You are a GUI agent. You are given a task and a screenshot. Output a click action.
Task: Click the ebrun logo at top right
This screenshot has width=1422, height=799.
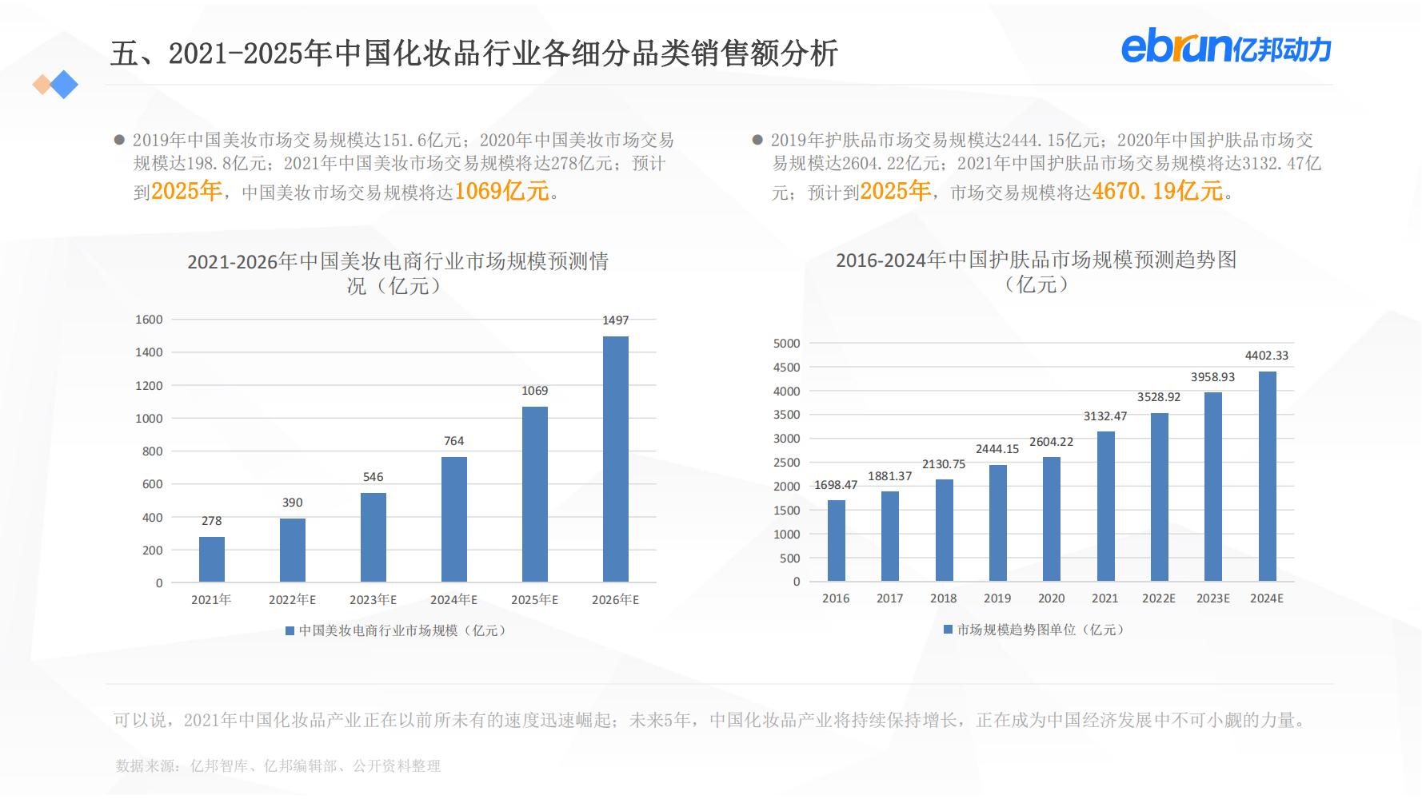(x=1226, y=48)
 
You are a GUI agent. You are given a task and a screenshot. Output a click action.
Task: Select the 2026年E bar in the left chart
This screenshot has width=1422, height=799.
(x=615, y=459)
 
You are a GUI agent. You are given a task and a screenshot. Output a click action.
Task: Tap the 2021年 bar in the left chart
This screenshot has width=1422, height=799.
(x=211, y=559)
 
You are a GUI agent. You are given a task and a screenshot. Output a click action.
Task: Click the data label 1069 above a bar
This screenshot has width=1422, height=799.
(x=534, y=391)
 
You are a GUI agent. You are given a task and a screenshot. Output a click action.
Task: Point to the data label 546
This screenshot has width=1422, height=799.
(x=373, y=477)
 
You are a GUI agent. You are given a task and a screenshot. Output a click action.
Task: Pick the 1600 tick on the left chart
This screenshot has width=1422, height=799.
(x=149, y=320)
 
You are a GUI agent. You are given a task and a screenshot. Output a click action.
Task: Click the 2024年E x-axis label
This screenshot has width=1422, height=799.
(x=453, y=600)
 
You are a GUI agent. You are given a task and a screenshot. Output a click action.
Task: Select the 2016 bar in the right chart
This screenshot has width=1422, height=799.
(x=836, y=541)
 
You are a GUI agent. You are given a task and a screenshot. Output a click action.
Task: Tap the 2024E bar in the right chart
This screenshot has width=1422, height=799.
(x=1267, y=476)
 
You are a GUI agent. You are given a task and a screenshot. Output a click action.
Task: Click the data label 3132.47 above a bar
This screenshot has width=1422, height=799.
(x=1105, y=416)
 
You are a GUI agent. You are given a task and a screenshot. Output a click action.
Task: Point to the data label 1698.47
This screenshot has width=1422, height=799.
(x=836, y=485)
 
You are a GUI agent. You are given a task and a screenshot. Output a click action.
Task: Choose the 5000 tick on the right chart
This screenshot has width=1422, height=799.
(x=786, y=344)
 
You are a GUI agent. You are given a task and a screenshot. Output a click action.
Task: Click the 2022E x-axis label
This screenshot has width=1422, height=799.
(x=1159, y=598)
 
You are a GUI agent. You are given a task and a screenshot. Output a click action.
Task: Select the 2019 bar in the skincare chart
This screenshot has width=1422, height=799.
(x=997, y=523)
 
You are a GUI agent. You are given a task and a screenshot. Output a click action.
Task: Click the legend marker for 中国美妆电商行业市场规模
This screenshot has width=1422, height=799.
(x=290, y=631)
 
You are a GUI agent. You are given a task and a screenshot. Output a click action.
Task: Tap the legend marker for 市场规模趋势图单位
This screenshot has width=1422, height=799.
(x=948, y=630)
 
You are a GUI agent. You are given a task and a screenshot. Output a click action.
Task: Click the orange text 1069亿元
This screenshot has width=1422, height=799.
(x=502, y=192)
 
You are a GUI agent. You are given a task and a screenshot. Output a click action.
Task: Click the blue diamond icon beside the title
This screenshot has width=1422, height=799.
(x=64, y=85)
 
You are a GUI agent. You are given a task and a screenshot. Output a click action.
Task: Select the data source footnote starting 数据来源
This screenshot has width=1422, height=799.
(x=278, y=766)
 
